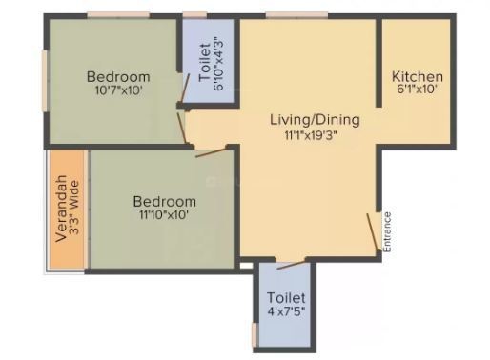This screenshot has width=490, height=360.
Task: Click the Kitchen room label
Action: pos(417,76)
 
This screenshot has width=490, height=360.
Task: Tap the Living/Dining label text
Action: pos(315,120)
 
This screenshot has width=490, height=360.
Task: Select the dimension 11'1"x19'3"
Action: pos(311,135)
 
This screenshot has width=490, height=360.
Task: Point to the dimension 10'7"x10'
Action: pos(118,90)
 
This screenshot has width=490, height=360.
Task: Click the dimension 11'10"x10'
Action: pos(164,215)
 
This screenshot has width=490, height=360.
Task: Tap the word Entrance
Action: pos(387,232)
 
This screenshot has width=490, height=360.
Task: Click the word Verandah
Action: pos(61,209)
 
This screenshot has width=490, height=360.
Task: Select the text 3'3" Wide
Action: pos(74,208)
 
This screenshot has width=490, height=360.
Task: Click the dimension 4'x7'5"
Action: pos(286,311)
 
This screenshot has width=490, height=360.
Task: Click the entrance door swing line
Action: pos(373,231)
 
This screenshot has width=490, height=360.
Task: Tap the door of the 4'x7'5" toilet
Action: pos(291,265)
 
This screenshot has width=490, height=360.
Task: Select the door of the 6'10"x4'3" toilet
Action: pos(185,90)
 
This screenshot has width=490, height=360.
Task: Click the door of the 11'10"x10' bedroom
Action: pos(211,152)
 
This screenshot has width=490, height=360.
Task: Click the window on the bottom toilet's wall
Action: pos(255,334)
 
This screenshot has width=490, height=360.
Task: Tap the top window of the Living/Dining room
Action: pos(296,15)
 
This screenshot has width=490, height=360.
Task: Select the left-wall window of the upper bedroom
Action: pos(45,81)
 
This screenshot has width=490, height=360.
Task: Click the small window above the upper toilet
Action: pos(194,15)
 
